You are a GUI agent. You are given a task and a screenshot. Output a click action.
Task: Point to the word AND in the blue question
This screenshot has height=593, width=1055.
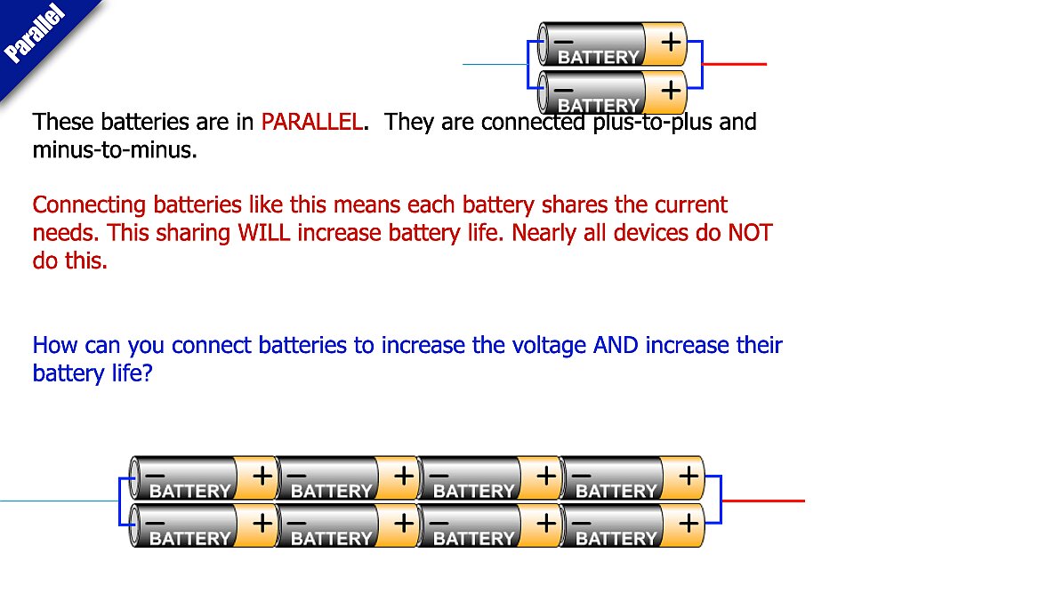[x=616, y=345]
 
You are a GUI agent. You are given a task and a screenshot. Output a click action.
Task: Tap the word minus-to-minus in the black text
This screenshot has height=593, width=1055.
[x=114, y=150]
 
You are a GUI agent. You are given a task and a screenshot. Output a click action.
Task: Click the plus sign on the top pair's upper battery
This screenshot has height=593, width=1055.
[x=671, y=42]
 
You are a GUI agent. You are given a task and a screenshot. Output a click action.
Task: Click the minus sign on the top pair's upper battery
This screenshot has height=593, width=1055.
[x=563, y=42]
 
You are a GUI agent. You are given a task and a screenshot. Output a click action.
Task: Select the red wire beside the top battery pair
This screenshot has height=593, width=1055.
[x=735, y=64]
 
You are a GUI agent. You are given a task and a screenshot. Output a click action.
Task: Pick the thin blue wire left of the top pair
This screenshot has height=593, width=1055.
[x=495, y=64]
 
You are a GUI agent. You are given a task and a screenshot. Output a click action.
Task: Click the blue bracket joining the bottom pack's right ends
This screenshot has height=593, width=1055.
[x=720, y=501]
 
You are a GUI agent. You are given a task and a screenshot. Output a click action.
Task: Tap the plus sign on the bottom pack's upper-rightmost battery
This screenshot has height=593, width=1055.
[x=689, y=476]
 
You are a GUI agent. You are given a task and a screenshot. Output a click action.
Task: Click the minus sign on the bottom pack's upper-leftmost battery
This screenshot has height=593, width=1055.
[x=155, y=476]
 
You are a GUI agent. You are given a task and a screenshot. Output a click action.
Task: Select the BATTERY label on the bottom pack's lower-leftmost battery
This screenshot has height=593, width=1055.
[x=189, y=538]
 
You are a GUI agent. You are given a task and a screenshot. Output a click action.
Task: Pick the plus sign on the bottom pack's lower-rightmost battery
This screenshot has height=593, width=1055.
[x=689, y=523]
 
